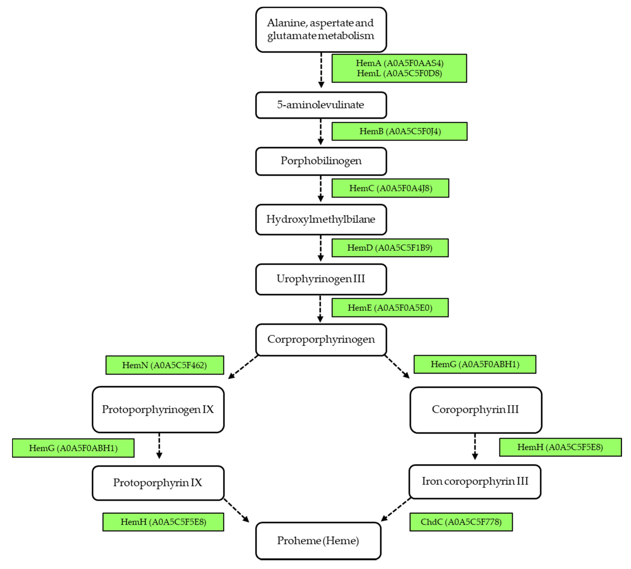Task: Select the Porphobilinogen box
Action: click(321, 161)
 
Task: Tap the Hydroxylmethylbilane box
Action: click(321, 219)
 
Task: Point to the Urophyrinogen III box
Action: click(321, 279)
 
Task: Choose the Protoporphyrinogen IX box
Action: click(158, 409)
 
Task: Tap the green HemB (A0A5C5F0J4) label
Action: click(399, 131)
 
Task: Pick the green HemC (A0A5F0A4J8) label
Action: click(390, 188)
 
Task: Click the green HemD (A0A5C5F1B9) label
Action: click(390, 248)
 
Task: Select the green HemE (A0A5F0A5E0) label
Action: click(390, 308)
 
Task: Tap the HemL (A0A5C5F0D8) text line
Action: click(399, 73)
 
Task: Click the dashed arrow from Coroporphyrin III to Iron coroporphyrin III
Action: click(475, 446)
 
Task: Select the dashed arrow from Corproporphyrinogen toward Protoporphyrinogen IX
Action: click(243, 367)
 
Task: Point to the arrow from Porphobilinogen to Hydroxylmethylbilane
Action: click(320, 188)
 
